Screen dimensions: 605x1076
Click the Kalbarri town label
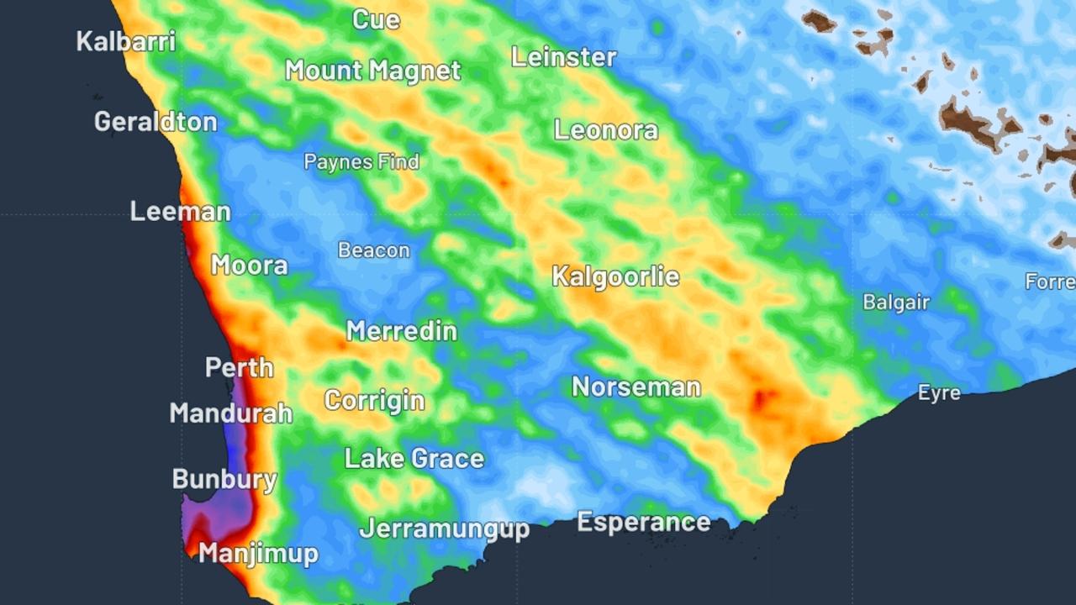pos(126,41)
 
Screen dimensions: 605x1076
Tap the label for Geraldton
pos(156,122)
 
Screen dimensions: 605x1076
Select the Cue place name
pos(376,20)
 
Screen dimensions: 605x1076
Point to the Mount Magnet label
pos(372,71)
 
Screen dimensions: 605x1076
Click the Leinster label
pos(564,57)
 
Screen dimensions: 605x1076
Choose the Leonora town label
pos(605,130)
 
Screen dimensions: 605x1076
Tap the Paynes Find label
pos(361,162)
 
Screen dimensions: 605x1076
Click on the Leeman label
pos(180,212)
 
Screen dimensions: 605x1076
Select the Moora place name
pos(249,266)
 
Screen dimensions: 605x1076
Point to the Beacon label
pos(374,250)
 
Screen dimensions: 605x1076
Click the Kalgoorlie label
pos(615,276)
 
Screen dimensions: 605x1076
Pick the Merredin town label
pos(402,331)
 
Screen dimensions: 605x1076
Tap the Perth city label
pos(240,368)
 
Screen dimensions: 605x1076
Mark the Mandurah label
pos(231,413)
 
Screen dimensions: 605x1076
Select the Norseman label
pos(636,387)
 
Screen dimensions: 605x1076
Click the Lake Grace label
pos(414,459)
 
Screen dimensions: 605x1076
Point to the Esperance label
pos(643,522)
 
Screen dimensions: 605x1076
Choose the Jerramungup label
pos(445,529)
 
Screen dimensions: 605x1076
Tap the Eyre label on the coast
pos(939,393)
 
